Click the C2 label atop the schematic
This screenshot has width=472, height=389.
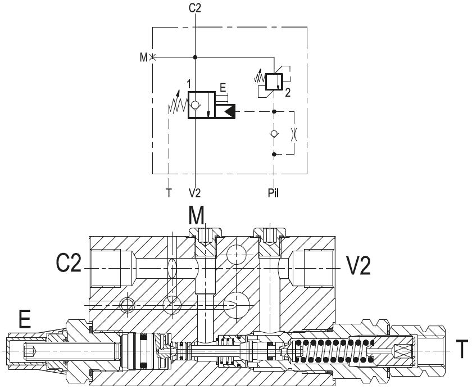pos(195,8)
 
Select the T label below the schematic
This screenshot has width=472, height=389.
pos(169,193)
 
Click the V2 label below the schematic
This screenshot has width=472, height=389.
pos(195,193)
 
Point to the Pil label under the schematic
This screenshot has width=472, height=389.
pos(273,193)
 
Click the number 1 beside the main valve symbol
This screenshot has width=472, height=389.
pos(189,84)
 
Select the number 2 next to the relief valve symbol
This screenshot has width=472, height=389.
pos(288,93)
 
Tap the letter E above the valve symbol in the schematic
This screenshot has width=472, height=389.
pos(223,88)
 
